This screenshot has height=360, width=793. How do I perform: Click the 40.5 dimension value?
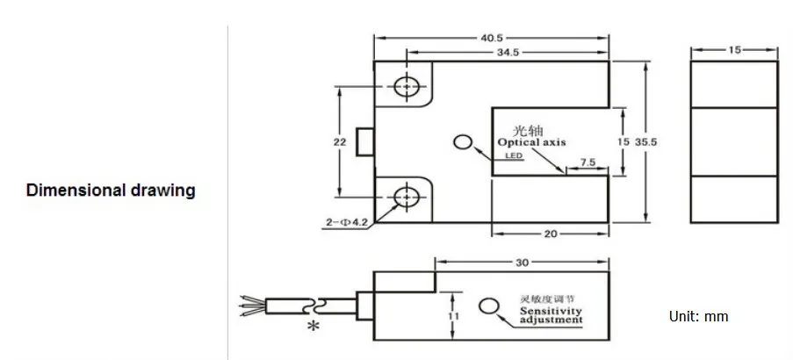click(x=492, y=38)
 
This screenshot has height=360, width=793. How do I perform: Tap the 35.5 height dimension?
click(x=647, y=140)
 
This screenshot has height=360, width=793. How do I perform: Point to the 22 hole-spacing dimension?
click(x=340, y=141)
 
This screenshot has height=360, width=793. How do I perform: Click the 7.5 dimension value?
click(x=588, y=162)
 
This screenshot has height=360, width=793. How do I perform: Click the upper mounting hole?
click(x=406, y=86)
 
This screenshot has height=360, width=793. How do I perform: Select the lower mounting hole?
click(x=406, y=197)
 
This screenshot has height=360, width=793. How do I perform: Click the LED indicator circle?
click(x=463, y=141)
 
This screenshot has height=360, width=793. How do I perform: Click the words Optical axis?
click(x=532, y=141)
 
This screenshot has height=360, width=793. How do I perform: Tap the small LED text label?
click(x=514, y=156)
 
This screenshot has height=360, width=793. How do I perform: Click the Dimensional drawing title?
click(x=111, y=190)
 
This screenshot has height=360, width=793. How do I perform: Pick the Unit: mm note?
click(x=699, y=316)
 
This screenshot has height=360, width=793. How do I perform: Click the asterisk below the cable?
click(x=312, y=327)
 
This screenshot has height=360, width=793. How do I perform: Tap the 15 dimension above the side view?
click(x=734, y=50)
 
